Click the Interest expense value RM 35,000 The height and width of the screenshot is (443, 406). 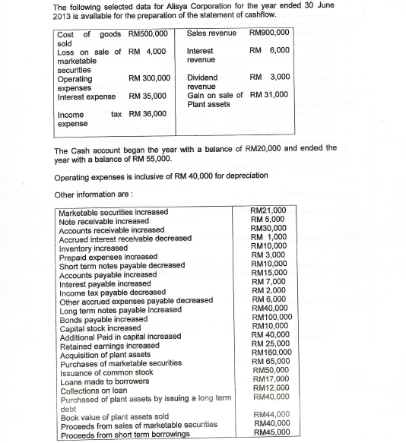click(x=148, y=97)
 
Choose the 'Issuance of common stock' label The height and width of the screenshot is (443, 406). click(x=106, y=372)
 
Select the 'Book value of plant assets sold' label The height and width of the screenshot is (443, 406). click(x=115, y=416)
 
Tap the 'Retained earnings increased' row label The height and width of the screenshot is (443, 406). click(x=109, y=344)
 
